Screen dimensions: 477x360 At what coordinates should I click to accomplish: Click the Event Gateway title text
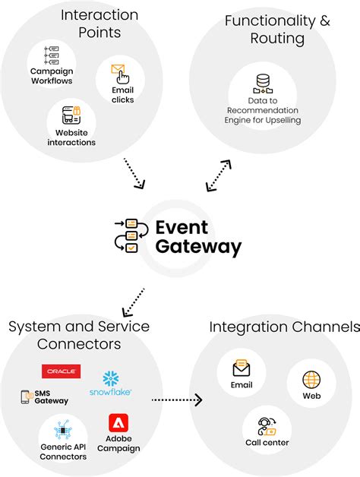197,237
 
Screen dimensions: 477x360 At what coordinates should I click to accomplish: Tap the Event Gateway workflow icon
126,236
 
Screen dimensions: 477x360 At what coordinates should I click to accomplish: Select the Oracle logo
61,371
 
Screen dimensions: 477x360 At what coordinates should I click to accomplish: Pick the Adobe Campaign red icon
118,423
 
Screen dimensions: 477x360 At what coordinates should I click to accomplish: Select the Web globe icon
311,380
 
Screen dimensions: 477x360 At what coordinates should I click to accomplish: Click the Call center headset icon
267,425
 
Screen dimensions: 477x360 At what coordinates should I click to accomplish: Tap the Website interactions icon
71,115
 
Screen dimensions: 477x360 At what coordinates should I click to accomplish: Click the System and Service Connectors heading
79,335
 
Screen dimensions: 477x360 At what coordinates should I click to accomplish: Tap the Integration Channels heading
284,327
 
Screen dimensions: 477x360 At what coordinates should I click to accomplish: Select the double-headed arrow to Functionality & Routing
217,175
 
